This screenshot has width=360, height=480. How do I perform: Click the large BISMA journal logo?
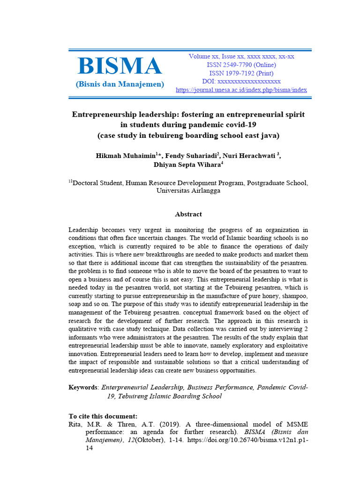coord(120,66)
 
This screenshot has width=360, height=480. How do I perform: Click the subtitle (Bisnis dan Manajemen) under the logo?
coord(120,84)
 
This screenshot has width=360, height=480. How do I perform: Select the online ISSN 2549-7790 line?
coord(241,65)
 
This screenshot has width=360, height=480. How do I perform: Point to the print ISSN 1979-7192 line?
coord(241,73)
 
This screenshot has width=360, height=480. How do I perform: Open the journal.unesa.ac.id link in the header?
coord(241,90)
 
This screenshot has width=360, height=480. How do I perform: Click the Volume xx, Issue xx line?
coord(241,56)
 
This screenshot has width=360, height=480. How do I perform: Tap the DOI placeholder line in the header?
coord(241,82)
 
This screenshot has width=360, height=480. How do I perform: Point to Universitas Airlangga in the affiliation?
coord(188,191)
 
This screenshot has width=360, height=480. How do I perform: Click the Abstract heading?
coord(188,214)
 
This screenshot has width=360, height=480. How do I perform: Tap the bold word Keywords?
coord(83,387)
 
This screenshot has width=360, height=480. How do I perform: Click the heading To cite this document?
coord(103,416)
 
